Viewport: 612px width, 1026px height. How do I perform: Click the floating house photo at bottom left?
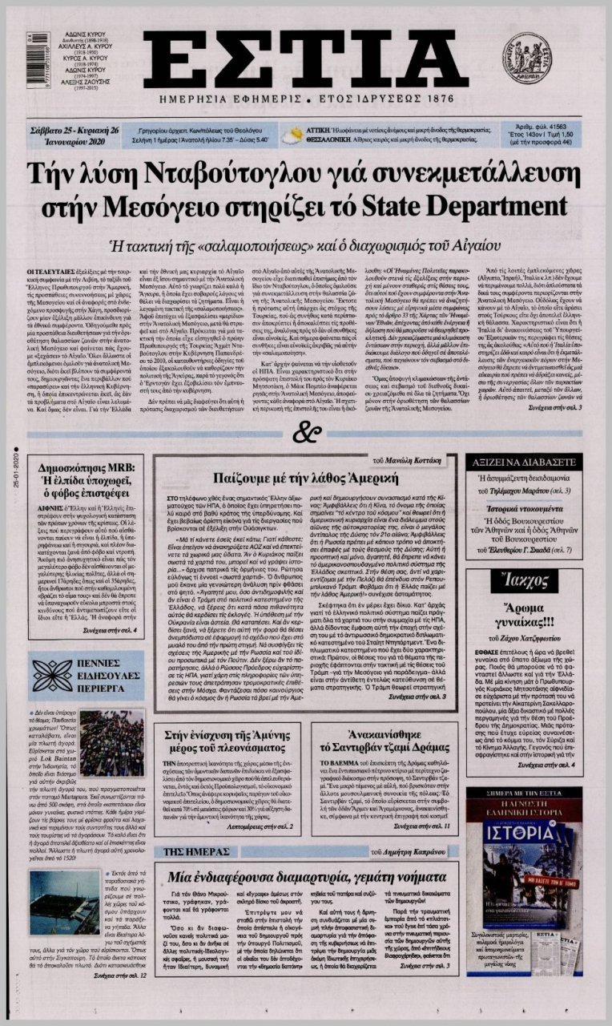(x=64, y=902)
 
